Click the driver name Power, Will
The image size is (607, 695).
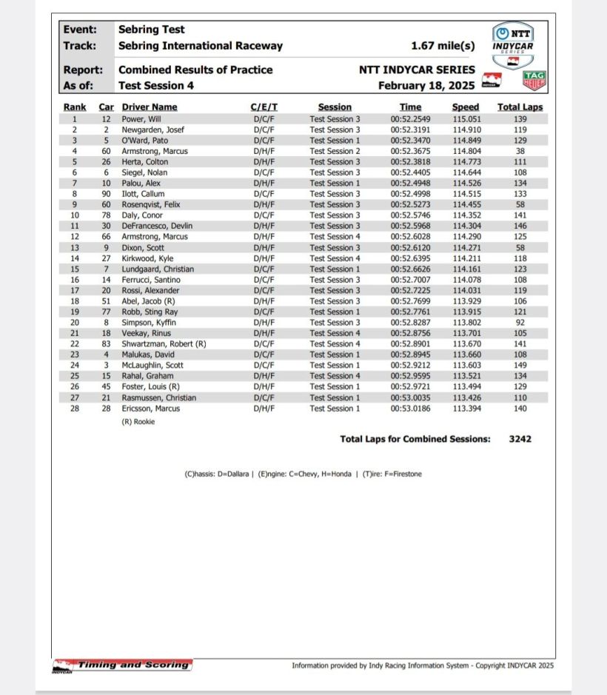[x=141, y=119]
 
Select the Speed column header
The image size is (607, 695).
[x=466, y=107]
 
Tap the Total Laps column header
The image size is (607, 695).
[x=520, y=107]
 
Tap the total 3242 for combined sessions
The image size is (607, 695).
[x=520, y=439]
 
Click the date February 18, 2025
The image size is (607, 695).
[x=426, y=85]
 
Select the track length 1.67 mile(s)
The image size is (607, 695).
[x=443, y=46]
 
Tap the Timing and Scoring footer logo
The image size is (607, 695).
[x=123, y=665]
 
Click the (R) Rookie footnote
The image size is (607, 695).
[x=138, y=421]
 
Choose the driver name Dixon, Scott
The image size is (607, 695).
[x=143, y=248]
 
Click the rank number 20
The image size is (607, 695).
[x=74, y=323]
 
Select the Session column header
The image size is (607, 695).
[x=335, y=107]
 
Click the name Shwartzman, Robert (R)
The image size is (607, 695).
[x=164, y=344]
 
